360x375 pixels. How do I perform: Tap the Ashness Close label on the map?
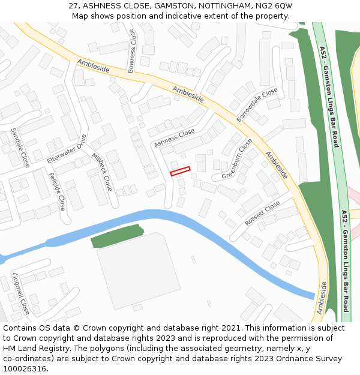point(174,138)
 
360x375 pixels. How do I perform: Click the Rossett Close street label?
point(263,213)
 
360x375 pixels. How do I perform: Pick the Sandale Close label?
point(20,147)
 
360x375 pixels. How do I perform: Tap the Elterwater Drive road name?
point(67,149)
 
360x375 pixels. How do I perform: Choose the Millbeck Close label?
point(102,172)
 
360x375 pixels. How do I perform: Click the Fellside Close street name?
point(57,191)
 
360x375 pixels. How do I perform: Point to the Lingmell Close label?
point(20,292)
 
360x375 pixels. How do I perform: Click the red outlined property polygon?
point(180,172)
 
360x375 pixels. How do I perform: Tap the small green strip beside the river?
point(118,236)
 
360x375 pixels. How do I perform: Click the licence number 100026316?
point(25,369)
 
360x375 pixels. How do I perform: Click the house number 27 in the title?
point(73,5)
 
